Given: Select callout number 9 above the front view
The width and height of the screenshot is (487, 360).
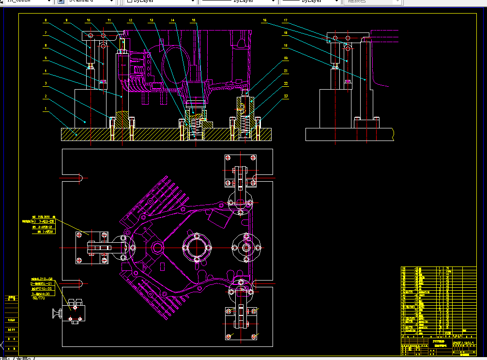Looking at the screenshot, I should click(x=67, y=20).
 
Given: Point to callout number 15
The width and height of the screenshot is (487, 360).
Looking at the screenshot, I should click(x=194, y=20).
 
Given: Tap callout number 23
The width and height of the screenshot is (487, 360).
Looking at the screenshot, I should click(x=286, y=96).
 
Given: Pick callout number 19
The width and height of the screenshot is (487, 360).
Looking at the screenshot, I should click(x=286, y=46).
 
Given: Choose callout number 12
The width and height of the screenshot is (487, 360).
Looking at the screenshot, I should click(x=130, y=20).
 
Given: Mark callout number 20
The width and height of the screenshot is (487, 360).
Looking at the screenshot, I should click(x=286, y=58).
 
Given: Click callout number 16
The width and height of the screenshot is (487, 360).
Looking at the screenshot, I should click(x=265, y=20).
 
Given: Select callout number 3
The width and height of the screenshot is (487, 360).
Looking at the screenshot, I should click(x=45, y=83).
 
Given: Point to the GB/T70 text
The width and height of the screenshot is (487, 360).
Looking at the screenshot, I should click(x=38, y=298).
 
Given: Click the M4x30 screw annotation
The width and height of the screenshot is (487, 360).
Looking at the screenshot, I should click(x=41, y=294).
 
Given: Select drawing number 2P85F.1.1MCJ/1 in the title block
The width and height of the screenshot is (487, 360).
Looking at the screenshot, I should click(x=463, y=343).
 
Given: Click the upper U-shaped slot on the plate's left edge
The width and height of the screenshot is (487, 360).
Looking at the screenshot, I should click(x=75, y=177).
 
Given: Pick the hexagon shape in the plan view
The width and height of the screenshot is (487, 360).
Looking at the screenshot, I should click(x=158, y=249).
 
